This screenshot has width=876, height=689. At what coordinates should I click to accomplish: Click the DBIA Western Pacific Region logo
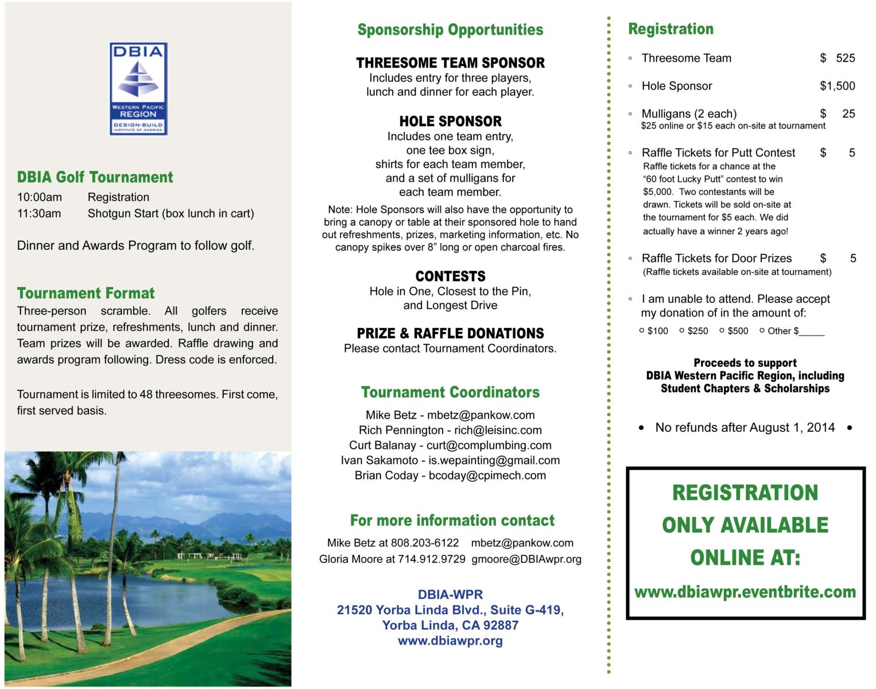click(138, 88)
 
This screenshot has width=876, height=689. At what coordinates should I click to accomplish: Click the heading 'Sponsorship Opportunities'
click(450, 30)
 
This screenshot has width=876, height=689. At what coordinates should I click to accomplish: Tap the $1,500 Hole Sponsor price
click(837, 86)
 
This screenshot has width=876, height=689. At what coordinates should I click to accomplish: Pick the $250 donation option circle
click(682, 331)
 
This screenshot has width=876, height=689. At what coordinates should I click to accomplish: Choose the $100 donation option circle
click(642, 331)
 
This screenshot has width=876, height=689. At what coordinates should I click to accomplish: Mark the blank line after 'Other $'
click(812, 332)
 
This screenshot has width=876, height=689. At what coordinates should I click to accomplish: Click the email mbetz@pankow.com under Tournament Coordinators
click(480, 415)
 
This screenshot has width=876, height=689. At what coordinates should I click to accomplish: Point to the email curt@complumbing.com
click(489, 446)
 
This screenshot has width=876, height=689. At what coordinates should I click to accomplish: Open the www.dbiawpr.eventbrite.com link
click(745, 592)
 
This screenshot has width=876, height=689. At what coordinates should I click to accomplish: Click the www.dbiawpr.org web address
click(450, 641)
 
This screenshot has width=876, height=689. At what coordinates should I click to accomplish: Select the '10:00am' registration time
click(40, 198)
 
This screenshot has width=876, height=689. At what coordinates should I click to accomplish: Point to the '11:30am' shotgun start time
click(39, 214)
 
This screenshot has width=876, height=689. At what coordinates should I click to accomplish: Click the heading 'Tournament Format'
click(86, 293)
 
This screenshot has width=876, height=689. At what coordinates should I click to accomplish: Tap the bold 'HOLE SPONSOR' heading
click(450, 121)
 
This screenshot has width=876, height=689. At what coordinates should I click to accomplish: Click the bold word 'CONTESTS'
click(450, 276)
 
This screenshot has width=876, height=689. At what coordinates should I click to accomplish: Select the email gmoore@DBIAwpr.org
click(526, 559)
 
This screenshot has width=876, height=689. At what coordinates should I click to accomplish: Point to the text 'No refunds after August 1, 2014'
click(745, 428)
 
